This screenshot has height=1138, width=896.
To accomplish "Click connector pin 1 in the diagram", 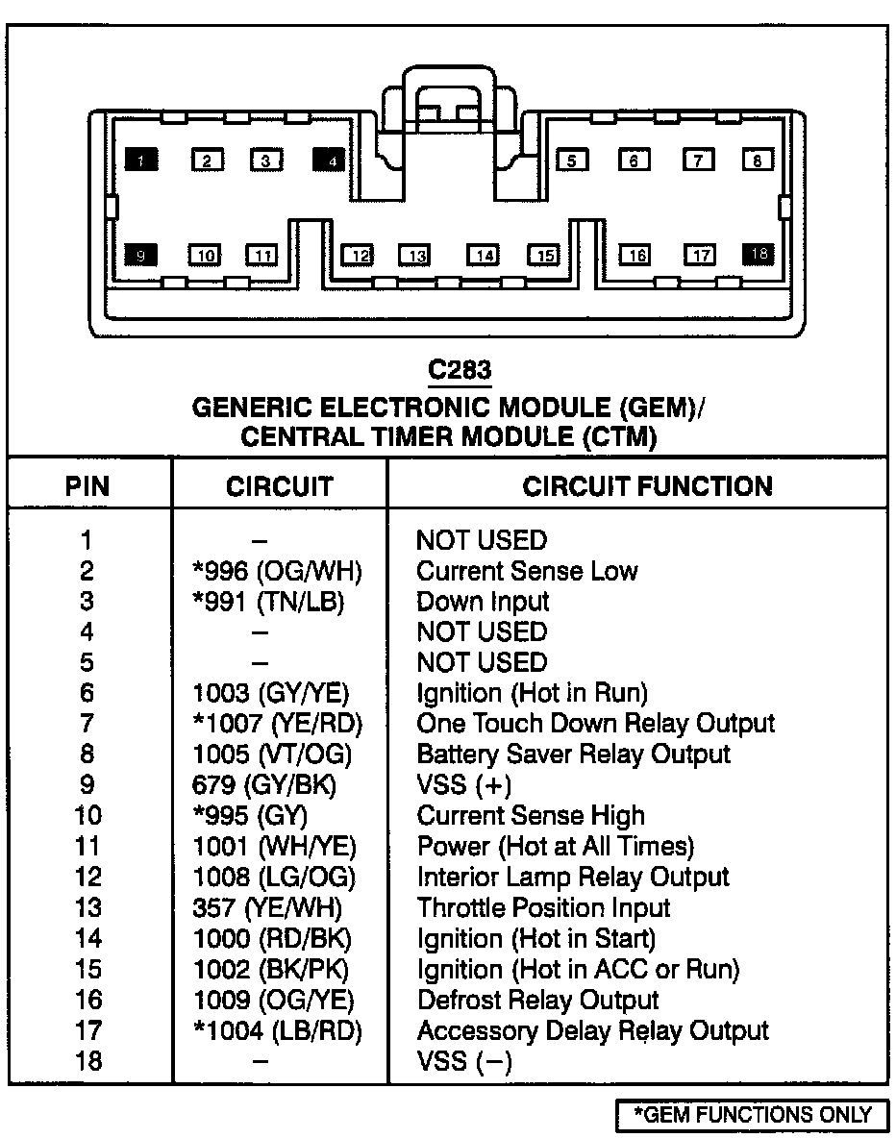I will click(141, 161).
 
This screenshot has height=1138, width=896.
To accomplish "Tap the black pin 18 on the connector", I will click(759, 254).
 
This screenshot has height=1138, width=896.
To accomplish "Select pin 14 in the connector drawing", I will click(484, 255).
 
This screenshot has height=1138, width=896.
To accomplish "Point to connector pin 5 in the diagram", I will click(572, 161).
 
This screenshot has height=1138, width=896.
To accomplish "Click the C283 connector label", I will click(460, 369).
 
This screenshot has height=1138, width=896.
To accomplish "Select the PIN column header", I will click(87, 486).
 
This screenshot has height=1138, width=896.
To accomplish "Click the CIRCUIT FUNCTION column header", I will click(647, 486).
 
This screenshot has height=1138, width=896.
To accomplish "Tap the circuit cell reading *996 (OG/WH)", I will click(278, 571).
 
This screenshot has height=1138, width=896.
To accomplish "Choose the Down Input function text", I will click(483, 602).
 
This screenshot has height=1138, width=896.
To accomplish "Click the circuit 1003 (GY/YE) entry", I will click(271, 693).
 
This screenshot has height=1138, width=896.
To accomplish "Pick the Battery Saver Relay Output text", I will click(573, 755).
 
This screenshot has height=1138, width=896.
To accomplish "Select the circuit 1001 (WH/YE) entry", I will click(274, 847).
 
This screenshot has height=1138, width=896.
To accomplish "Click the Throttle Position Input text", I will click(543, 907).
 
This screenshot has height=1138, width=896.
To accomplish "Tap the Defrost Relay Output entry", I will click(537, 1000).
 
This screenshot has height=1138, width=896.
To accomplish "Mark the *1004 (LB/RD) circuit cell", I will click(278, 1030).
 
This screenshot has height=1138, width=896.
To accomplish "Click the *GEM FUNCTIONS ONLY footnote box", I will click(753, 1115).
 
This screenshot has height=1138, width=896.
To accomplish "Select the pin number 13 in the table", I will click(87, 907).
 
